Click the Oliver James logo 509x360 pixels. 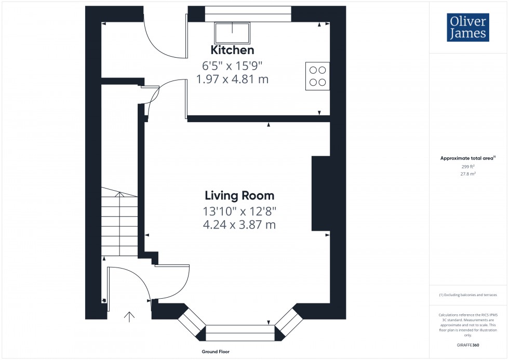(467, 28)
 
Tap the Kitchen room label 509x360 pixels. (232, 50)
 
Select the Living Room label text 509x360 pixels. (239, 196)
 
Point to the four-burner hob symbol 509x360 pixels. (317, 76)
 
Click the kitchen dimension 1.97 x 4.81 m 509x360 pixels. (232, 79)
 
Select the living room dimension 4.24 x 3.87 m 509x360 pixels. (239, 225)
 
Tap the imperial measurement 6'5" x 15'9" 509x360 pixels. (232, 66)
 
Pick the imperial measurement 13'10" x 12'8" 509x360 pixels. (239, 211)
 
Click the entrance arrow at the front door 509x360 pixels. (129, 316)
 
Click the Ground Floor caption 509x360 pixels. (216, 352)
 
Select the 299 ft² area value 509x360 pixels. (467, 167)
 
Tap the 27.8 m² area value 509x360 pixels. (467, 175)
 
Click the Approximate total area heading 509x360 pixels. (467, 158)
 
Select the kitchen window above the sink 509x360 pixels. (248, 14)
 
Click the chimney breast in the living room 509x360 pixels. (320, 193)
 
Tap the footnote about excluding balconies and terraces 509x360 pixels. (467, 295)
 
